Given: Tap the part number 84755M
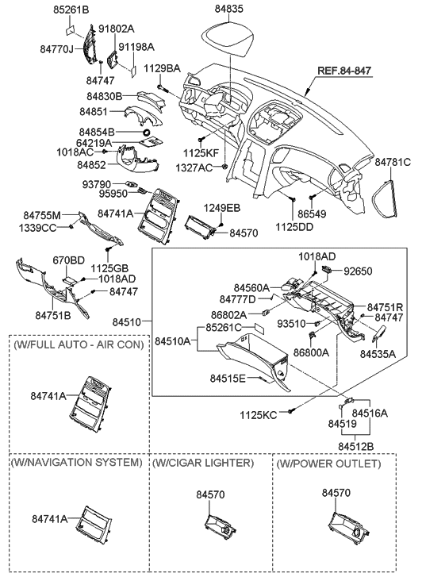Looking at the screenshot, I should tap(43, 214).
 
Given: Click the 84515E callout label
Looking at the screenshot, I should tap(229, 378).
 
